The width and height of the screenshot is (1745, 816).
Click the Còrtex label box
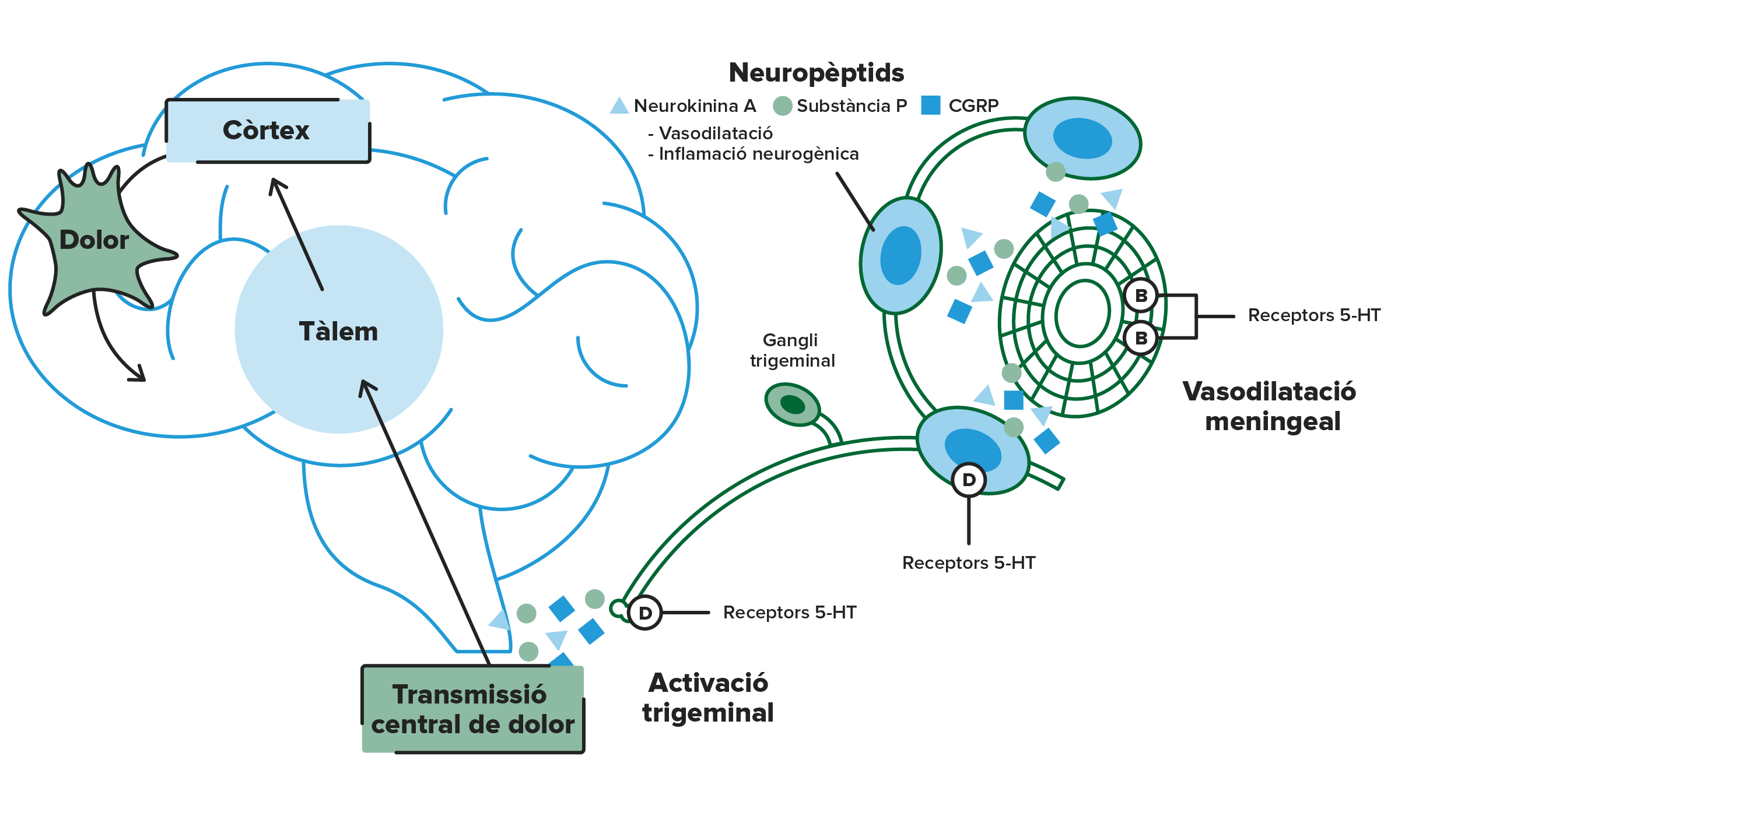pos(268,131)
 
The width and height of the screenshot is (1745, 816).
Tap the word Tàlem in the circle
pos(338,331)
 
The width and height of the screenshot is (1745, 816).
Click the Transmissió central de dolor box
pos(473,709)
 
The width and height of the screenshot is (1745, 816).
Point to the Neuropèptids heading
pos(817,72)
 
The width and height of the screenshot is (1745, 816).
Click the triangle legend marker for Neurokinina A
pos(619,105)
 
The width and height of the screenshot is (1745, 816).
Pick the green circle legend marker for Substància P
pos(783,105)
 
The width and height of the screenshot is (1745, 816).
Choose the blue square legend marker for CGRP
pos(931,105)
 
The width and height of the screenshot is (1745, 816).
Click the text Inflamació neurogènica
pos(759,154)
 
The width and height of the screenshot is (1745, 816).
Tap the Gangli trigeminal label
pos(792,350)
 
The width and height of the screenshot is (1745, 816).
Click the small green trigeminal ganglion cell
pos(793,405)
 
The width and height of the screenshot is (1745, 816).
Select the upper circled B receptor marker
pos(1141,296)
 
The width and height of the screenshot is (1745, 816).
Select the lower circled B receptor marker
pos(1141,337)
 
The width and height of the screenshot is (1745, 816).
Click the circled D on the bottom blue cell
pos(969,480)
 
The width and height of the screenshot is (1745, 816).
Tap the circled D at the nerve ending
pos(645,613)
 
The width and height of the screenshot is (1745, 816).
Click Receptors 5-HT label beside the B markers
pos(1314,315)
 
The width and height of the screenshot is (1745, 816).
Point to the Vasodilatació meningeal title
pos(1270,406)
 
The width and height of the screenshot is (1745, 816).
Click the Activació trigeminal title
pos(708,698)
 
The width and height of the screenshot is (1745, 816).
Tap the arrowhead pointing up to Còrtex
pos(276,185)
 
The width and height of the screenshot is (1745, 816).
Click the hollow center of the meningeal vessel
pos(1082,314)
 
